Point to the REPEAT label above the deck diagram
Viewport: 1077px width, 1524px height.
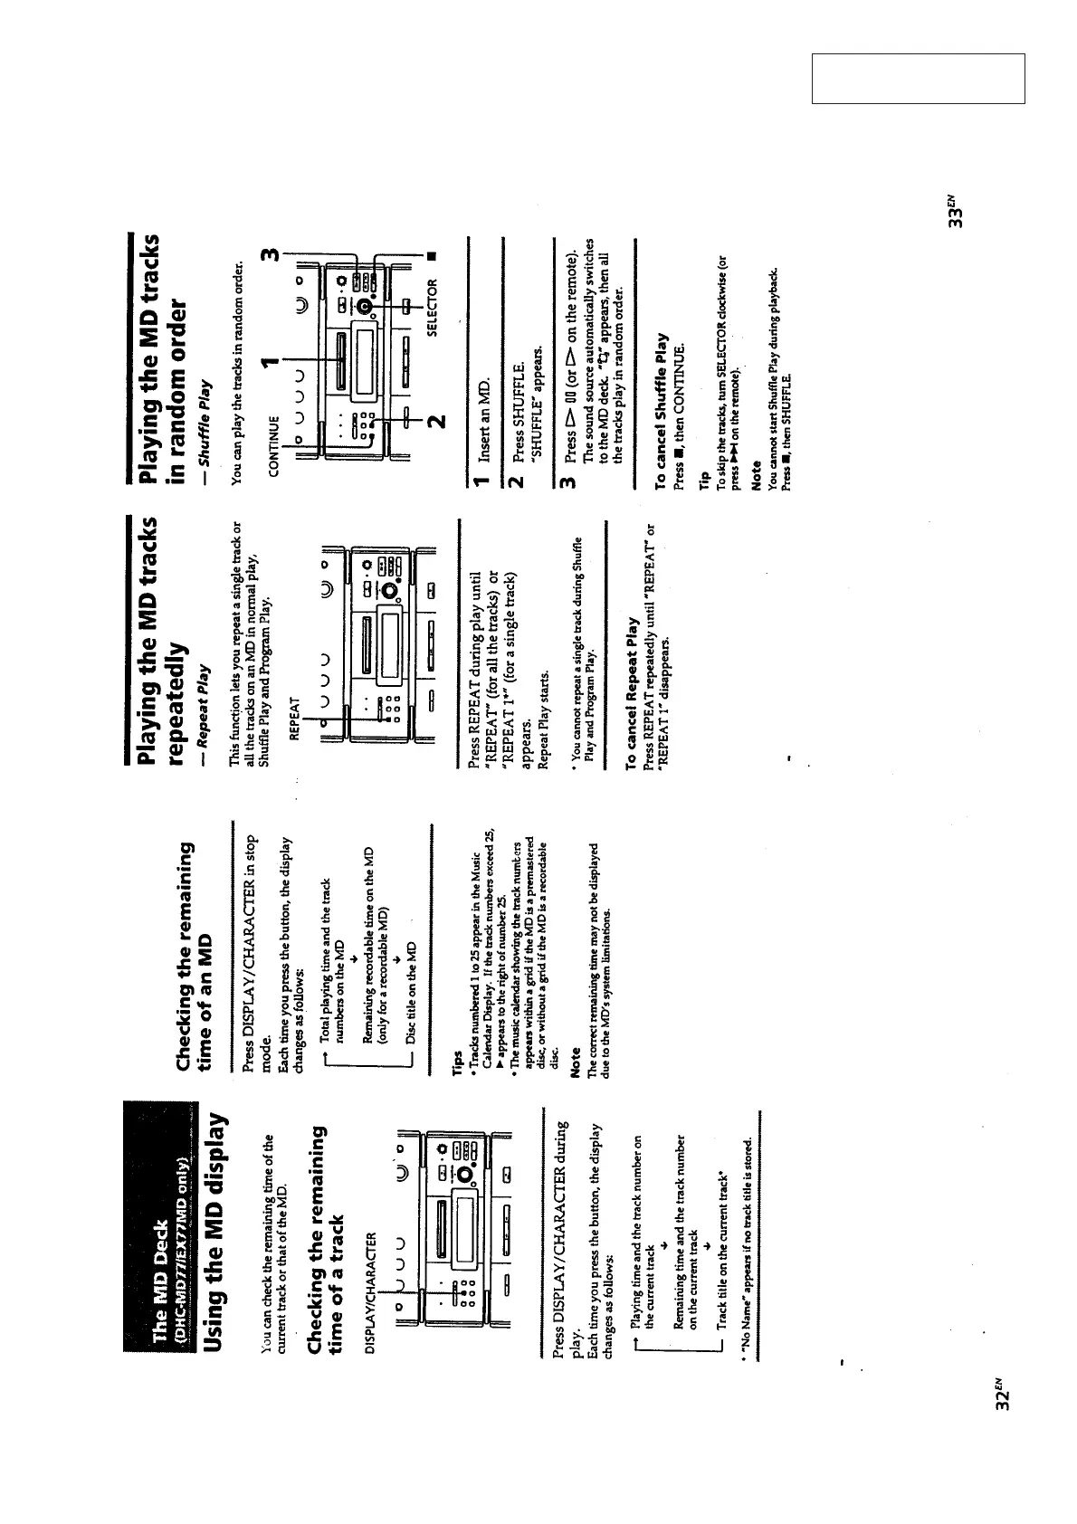tap(293, 719)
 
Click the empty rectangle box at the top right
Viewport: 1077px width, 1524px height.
tap(918, 79)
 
